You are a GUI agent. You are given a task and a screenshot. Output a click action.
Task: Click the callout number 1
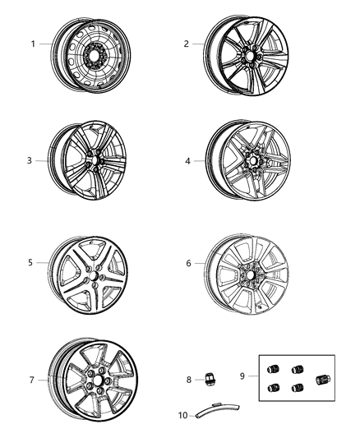pos(34,44)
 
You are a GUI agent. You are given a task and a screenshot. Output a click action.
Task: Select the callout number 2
pos(187,44)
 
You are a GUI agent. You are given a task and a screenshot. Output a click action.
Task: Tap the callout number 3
pos(29,160)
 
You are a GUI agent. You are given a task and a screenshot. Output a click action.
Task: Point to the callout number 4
pos(187,161)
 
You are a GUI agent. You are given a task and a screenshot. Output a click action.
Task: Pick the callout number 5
pos(30,263)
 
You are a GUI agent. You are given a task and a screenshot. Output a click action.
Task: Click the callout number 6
pos(188,263)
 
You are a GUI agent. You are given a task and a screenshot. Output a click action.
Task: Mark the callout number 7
pos(31,380)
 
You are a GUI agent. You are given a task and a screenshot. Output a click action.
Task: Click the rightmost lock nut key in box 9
pos(324,379)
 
